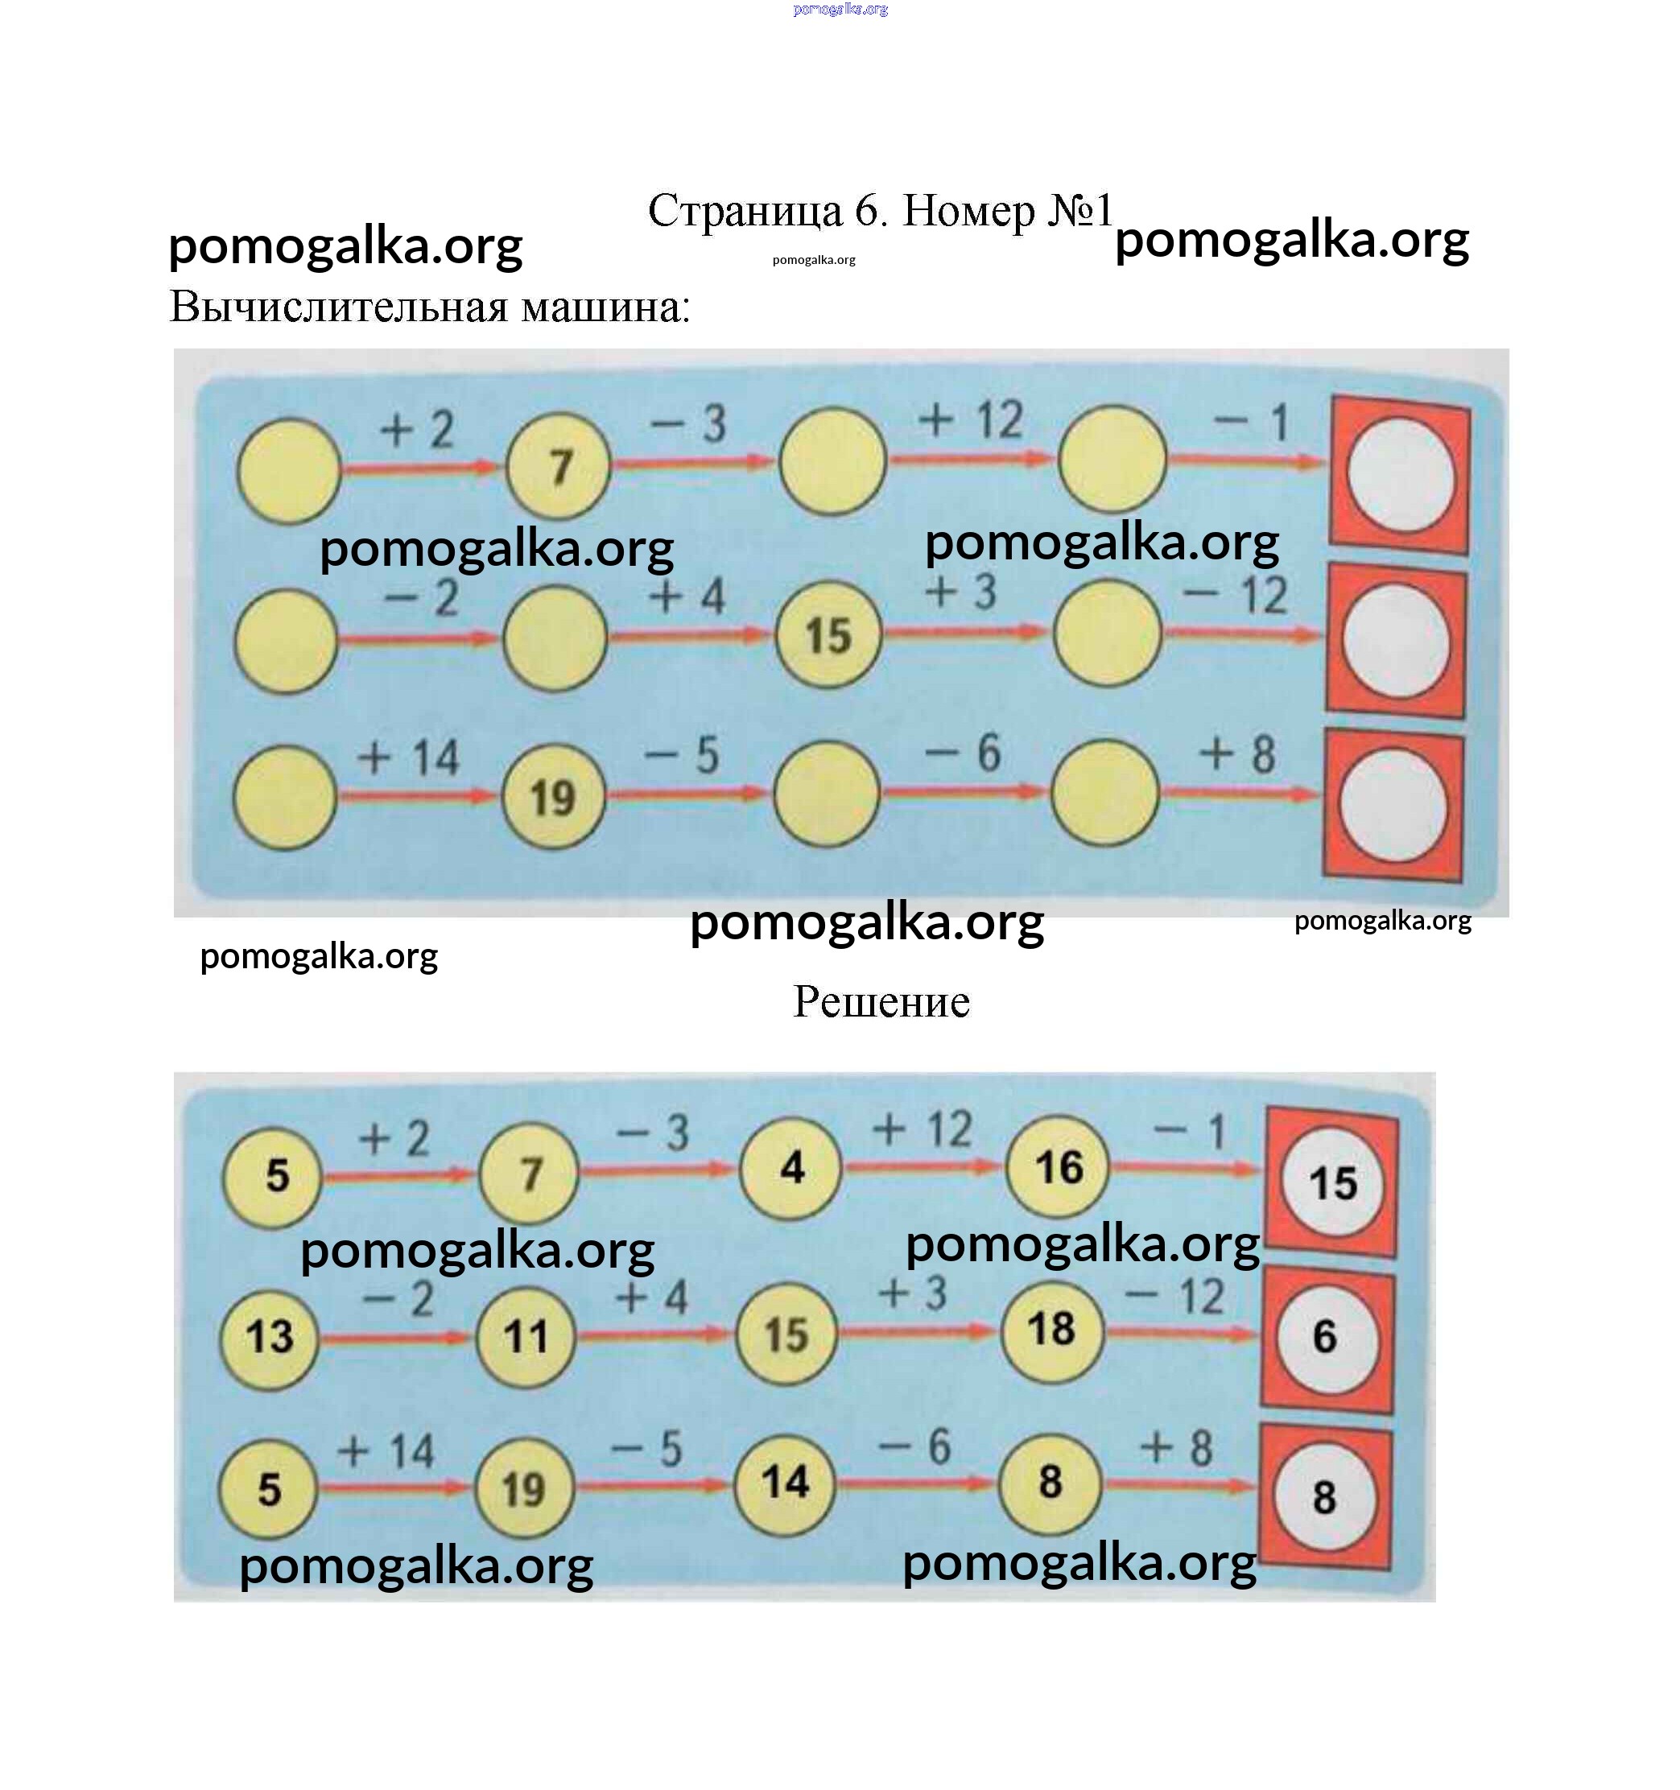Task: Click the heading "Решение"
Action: (881, 1001)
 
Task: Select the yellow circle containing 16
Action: (1058, 1167)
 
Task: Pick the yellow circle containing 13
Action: (269, 1337)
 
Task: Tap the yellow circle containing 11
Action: (525, 1336)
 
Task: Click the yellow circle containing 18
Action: (1051, 1329)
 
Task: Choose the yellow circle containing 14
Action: (784, 1481)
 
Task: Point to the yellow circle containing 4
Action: (790, 1168)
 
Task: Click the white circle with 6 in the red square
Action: (1325, 1337)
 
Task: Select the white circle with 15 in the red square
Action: (1332, 1183)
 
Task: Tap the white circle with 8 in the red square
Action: (1324, 1497)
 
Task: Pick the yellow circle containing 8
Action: (1050, 1482)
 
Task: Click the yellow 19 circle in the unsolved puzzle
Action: (553, 798)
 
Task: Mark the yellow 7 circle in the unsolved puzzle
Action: (558, 466)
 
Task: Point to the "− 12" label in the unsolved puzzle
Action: (1235, 595)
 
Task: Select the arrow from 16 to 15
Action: (1185, 1169)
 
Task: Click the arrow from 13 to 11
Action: (396, 1339)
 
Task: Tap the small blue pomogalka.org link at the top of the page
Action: (840, 10)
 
